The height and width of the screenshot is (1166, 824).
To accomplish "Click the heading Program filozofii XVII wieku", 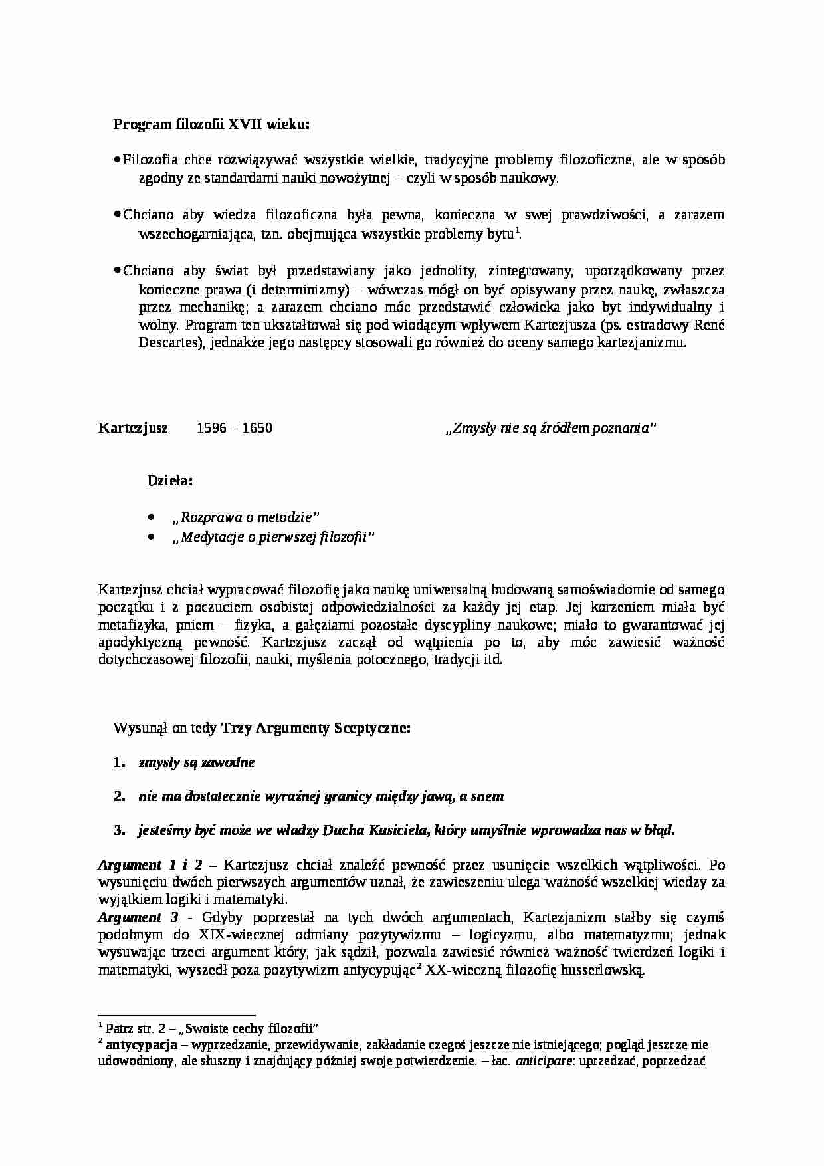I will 211,124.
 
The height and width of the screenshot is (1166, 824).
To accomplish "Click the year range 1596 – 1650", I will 235,428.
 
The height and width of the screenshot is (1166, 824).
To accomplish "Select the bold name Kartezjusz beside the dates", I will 133,428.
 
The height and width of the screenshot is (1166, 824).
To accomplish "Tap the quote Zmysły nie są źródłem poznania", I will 550,429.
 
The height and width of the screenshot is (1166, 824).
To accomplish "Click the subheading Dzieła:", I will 170,481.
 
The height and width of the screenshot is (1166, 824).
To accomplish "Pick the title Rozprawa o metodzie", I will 245,517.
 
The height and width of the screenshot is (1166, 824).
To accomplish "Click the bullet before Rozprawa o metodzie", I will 152,517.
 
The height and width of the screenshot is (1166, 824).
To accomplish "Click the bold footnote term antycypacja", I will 141,1044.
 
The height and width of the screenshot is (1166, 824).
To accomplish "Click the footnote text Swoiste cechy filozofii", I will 248,1028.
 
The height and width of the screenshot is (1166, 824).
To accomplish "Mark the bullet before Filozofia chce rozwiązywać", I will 117,159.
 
